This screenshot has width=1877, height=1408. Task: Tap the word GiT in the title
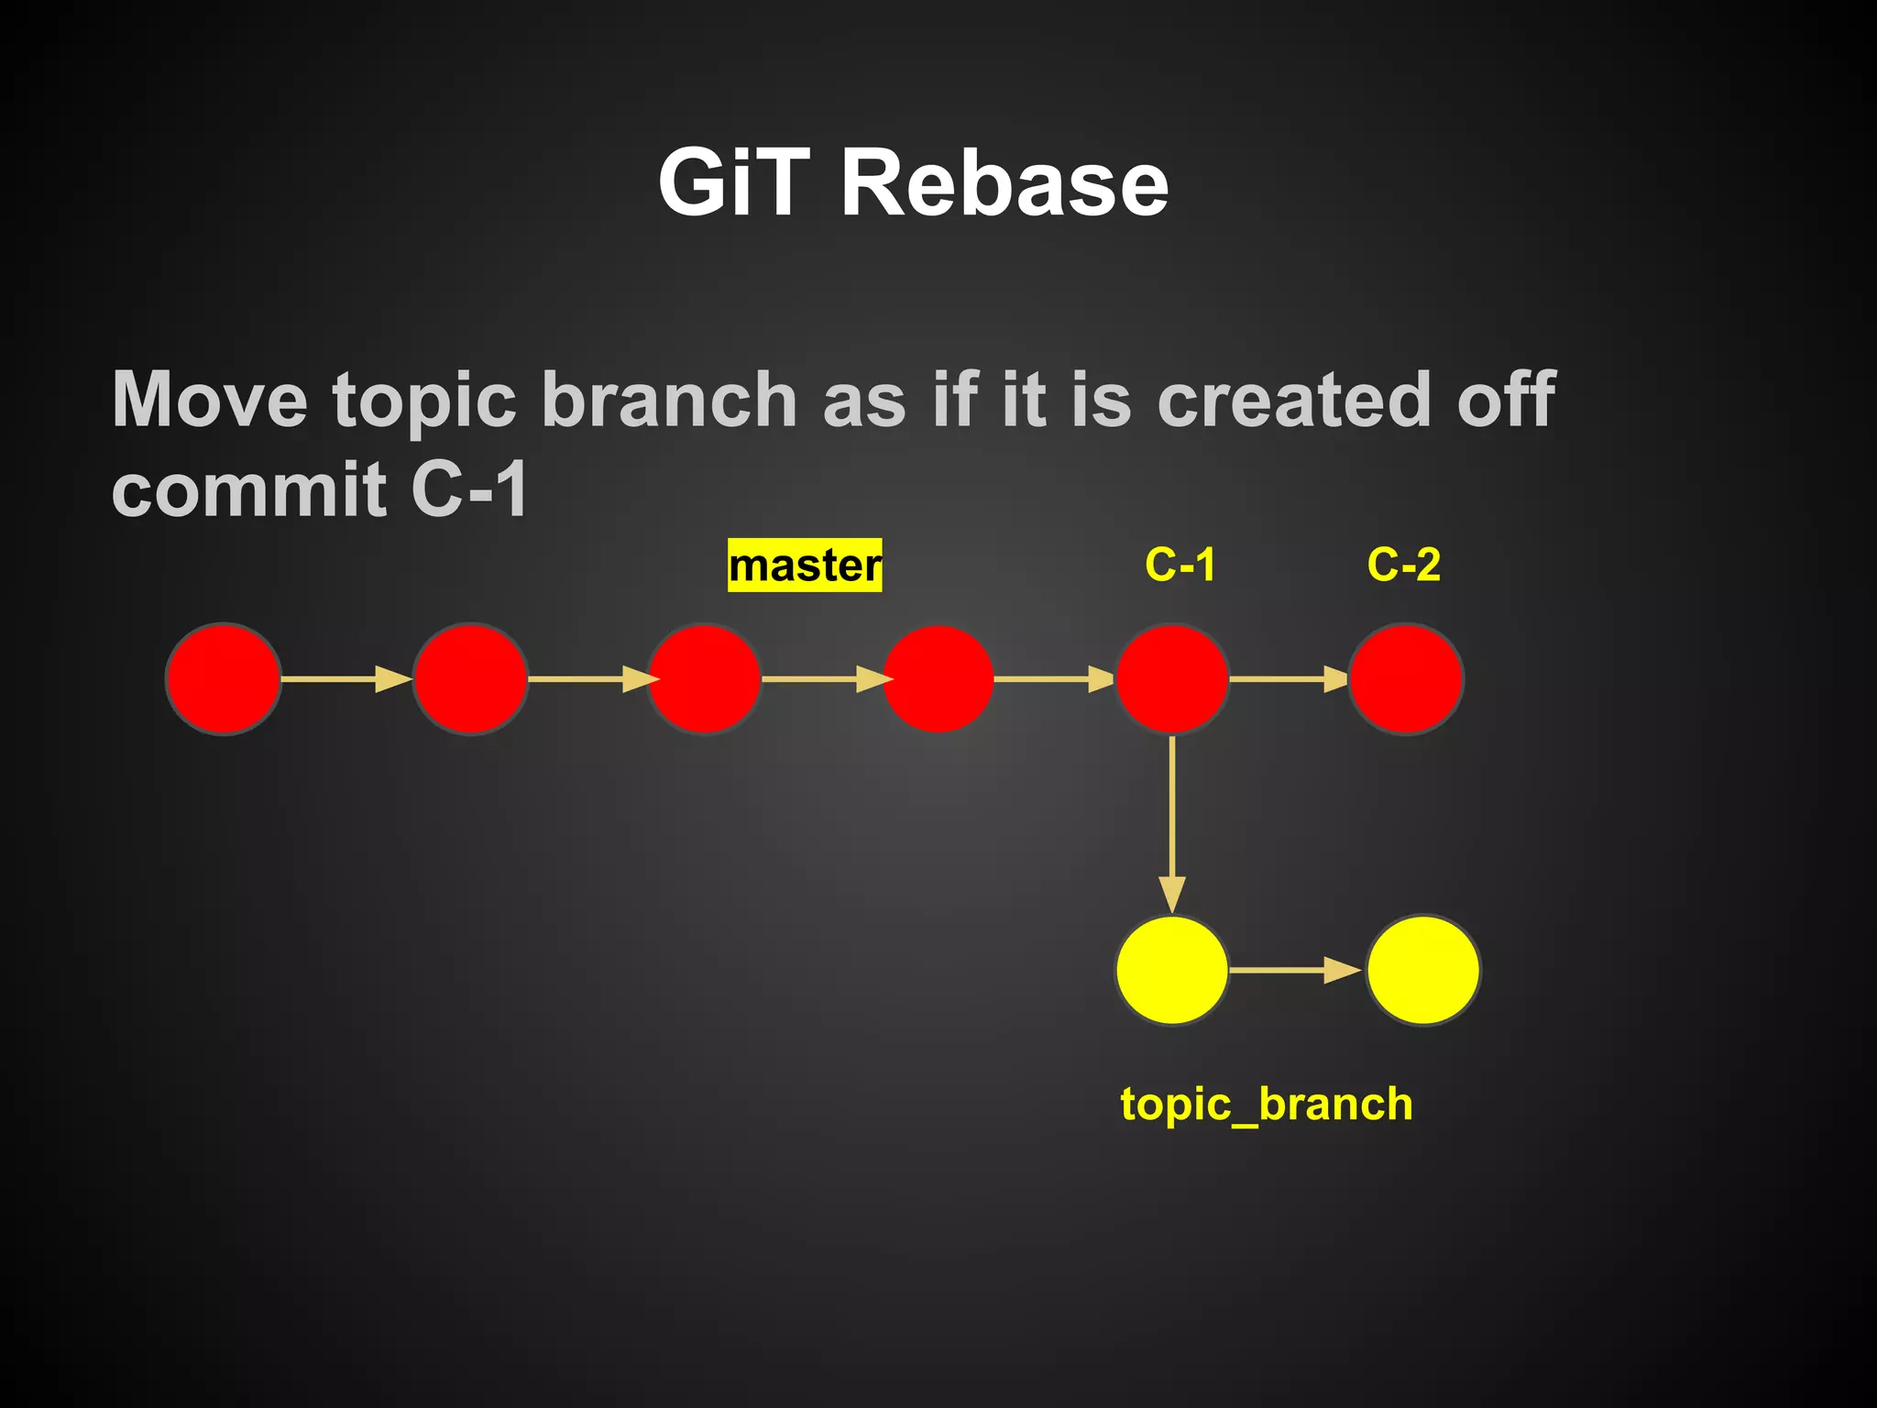[734, 184]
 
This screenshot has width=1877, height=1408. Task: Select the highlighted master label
[805, 566]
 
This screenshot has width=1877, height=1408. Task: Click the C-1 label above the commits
[1180, 565]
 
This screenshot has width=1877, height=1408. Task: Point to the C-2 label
[1403, 565]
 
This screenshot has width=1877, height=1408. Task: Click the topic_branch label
[1266, 1104]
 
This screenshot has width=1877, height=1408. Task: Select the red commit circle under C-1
[1172, 679]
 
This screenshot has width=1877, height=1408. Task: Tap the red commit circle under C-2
[1405, 679]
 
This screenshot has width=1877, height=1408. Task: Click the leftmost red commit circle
[223, 679]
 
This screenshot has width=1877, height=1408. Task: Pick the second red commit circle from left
[470, 679]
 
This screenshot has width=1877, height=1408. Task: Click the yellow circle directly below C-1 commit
[1172, 970]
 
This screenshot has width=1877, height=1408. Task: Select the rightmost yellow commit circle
[1422, 970]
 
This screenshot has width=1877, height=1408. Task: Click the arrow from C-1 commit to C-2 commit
[1288, 679]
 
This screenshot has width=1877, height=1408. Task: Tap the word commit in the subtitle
[248, 490]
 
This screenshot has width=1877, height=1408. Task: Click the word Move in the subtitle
[210, 401]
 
